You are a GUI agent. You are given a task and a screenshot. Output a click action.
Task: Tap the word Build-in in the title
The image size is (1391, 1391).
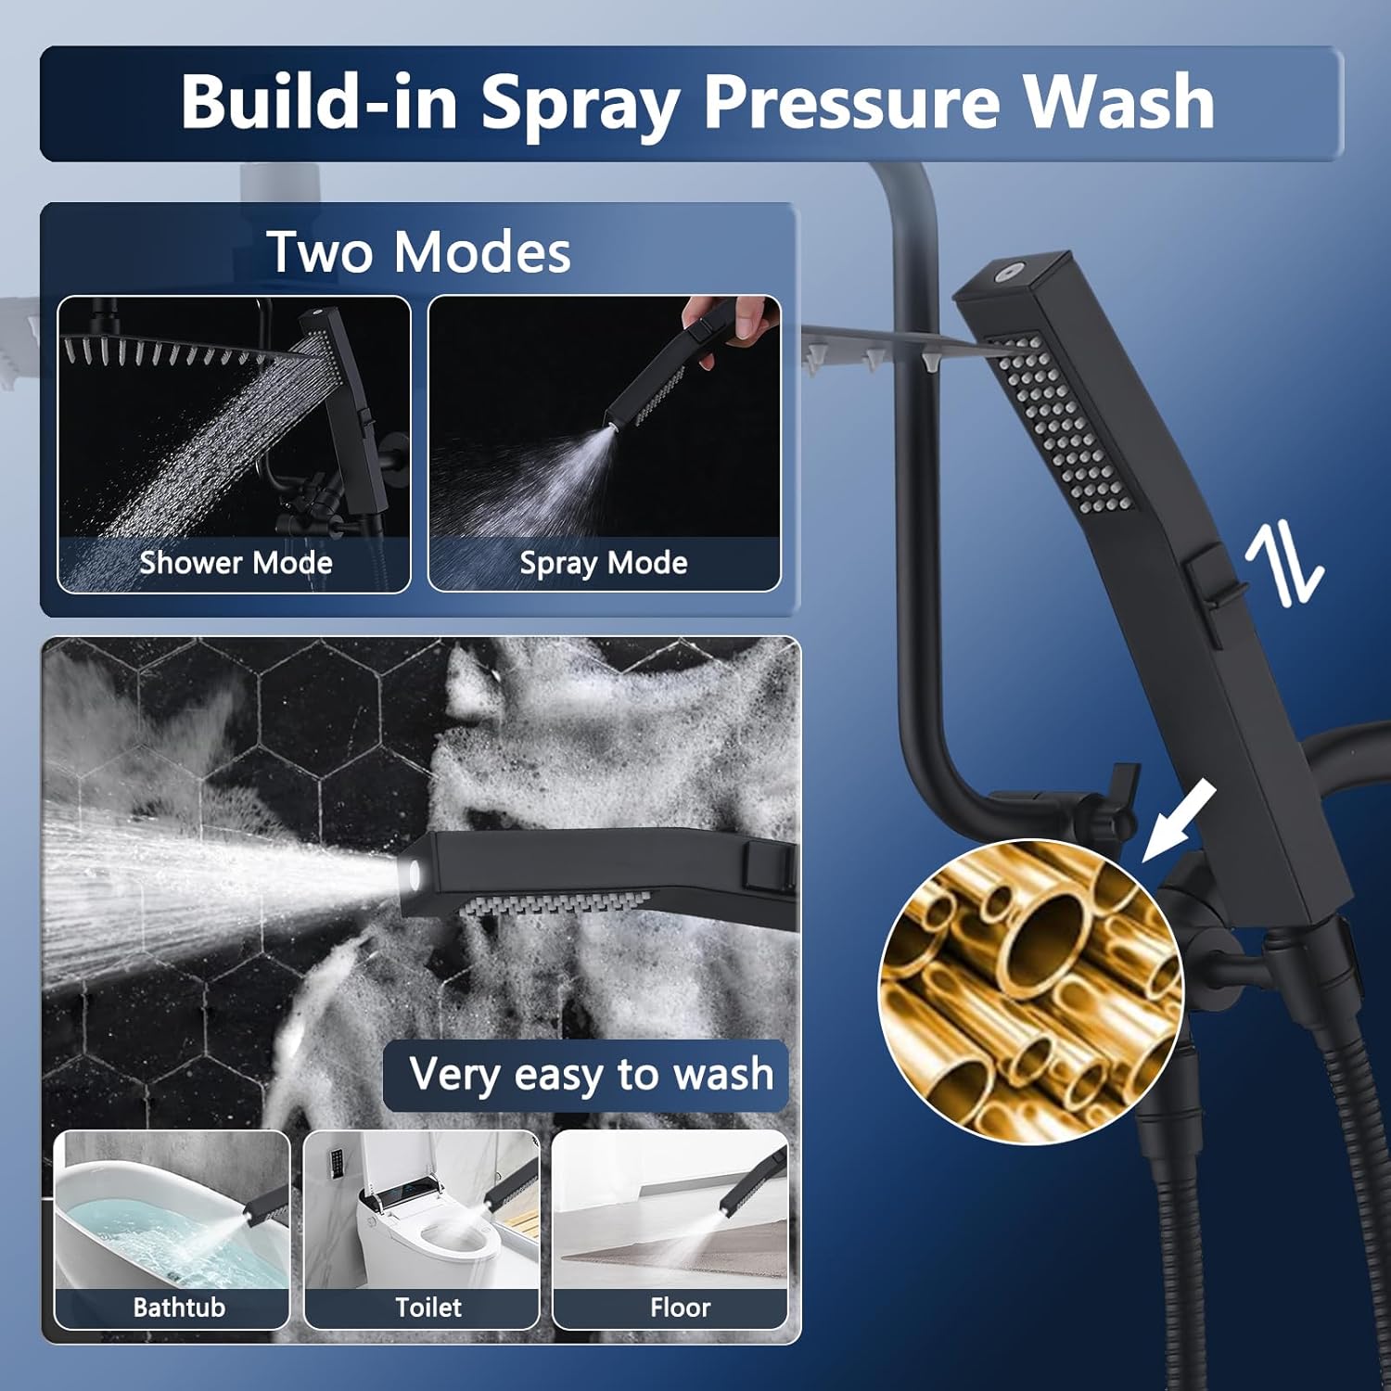(x=318, y=100)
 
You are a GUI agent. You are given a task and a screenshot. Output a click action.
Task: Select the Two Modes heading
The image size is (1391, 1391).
(x=418, y=251)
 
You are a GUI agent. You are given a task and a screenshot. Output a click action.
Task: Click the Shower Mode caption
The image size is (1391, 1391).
(x=236, y=562)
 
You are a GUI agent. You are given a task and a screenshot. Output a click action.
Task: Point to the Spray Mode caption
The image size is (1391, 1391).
(x=604, y=563)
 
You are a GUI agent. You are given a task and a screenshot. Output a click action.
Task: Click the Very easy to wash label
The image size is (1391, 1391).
(x=591, y=1075)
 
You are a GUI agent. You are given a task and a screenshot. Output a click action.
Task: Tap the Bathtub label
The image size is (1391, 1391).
(x=179, y=1307)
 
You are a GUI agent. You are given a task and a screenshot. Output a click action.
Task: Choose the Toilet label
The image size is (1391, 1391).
(x=428, y=1307)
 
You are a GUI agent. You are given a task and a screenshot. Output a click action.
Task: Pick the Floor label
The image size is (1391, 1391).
(x=680, y=1307)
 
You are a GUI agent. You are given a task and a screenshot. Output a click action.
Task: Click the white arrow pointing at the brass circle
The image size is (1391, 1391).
(x=1178, y=822)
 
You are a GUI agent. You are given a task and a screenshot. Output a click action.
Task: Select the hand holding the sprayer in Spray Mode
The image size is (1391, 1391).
(x=728, y=324)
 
